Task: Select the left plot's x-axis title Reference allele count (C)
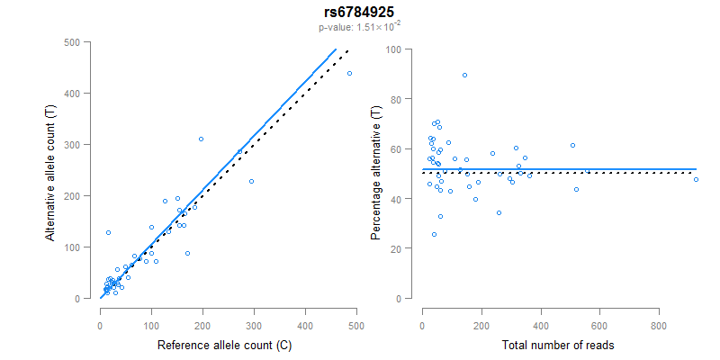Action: pyautogui.click(x=224, y=346)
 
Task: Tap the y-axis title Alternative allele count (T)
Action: pyautogui.click(x=52, y=169)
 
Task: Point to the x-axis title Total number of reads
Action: pyautogui.click(x=558, y=346)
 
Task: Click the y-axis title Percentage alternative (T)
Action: pyautogui.click(x=376, y=171)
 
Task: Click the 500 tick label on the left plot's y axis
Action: pyautogui.click(x=79, y=42)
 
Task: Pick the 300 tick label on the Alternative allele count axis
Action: pyautogui.click(x=79, y=145)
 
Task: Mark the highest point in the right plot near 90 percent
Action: pyautogui.click(x=464, y=75)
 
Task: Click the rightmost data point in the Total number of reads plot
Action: pyautogui.click(x=696, y=180)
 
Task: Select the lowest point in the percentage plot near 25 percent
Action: pyautogui.click(x=434, y=234)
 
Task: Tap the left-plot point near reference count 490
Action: pyautogui.click(x=349, y=73)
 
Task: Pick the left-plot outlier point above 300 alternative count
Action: pyautogui.click(x=201, y=139)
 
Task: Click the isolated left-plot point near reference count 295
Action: pyautogui.click(x=251, y=181)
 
